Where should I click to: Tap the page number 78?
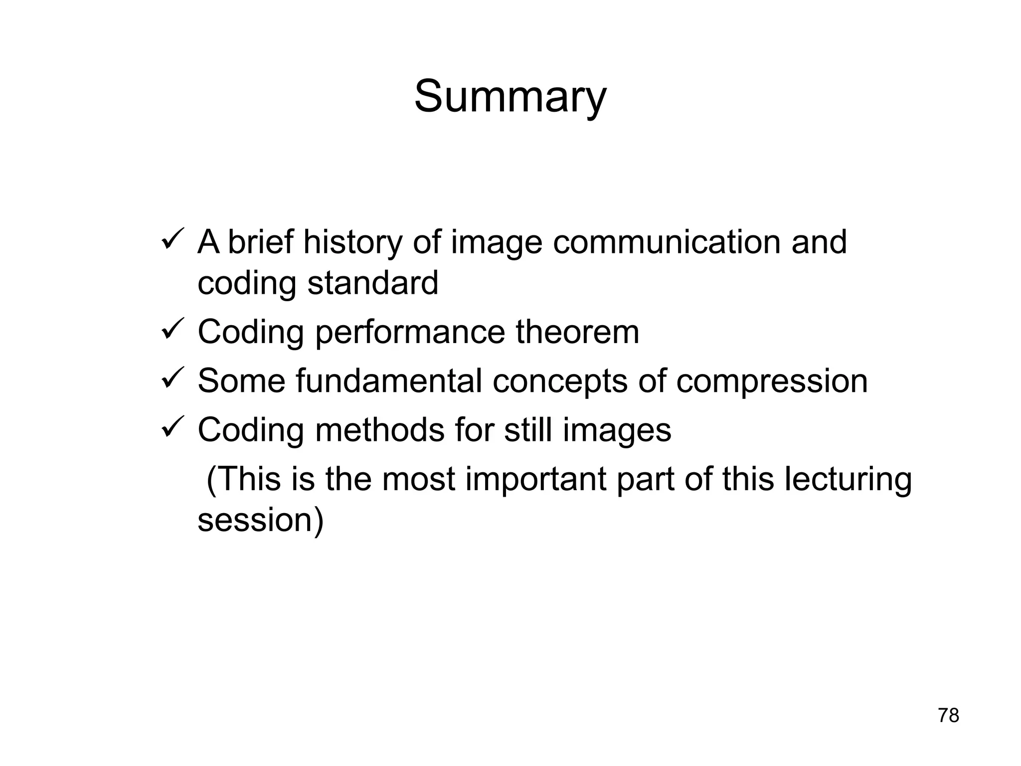coord(948,716)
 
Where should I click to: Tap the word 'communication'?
coord(666,243)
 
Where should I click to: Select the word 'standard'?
coord(372,283)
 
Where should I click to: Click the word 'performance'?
coord(410,333)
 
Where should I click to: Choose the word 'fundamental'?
coord(388,382)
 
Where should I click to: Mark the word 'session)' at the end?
coord(261,520)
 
